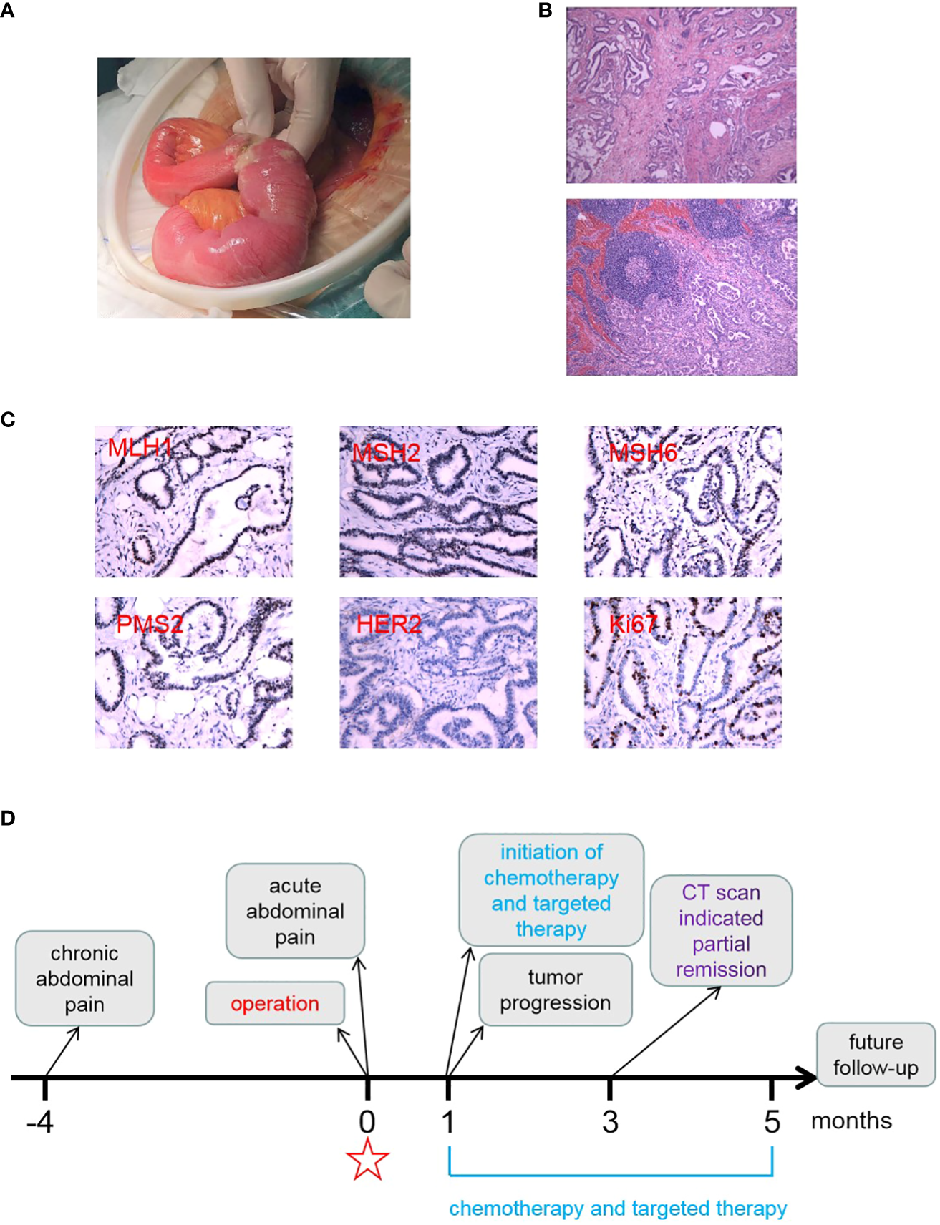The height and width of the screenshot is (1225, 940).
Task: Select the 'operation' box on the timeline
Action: pyautogui.click(x=275, y=1003)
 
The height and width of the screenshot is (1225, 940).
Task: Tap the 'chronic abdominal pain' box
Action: pyautogui.click(x=84, y=978)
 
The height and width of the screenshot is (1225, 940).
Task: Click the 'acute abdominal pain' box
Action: pyautogui.click(x=295, y=911)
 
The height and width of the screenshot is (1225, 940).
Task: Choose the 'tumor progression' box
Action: pyautogui.click(x=555, y=990)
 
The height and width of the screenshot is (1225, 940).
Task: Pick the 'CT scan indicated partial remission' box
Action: pyautogui.click(x=721, y=930)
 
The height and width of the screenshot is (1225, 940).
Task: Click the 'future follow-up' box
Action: pyautogui.click(x=876, y=1055)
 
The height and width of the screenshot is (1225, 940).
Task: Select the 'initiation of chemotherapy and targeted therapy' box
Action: pyautogui.click(x=551, y=890)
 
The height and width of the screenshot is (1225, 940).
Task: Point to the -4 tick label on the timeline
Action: pyautogui.click(x=40, y=1122)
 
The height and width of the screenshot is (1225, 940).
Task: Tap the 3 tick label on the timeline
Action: pyautogui.click(x=610, y=1122)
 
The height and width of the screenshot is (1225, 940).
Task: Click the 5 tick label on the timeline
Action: pyautogui.click(x=772, y=1122)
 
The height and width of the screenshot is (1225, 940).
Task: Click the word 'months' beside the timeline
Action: pyautogui.click(x=851, y=1121)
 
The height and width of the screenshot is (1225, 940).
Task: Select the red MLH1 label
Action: pyautogui.click(x=140, y=449)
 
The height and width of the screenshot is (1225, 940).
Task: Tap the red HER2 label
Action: pyautogui.click(x=389, y=624)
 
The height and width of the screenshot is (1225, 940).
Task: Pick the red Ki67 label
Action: pyautogui.click(x=632, y=624)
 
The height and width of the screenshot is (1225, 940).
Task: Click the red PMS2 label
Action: pyautogui.click(x=150, y=624)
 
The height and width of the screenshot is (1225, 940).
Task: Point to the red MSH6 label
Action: pyautogui.click(x=642, y=452)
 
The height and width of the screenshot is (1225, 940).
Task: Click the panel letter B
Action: pyautogui.click(x=546, y=11)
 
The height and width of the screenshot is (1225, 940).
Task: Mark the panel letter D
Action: pyautogui.click(x=8, y=818)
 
